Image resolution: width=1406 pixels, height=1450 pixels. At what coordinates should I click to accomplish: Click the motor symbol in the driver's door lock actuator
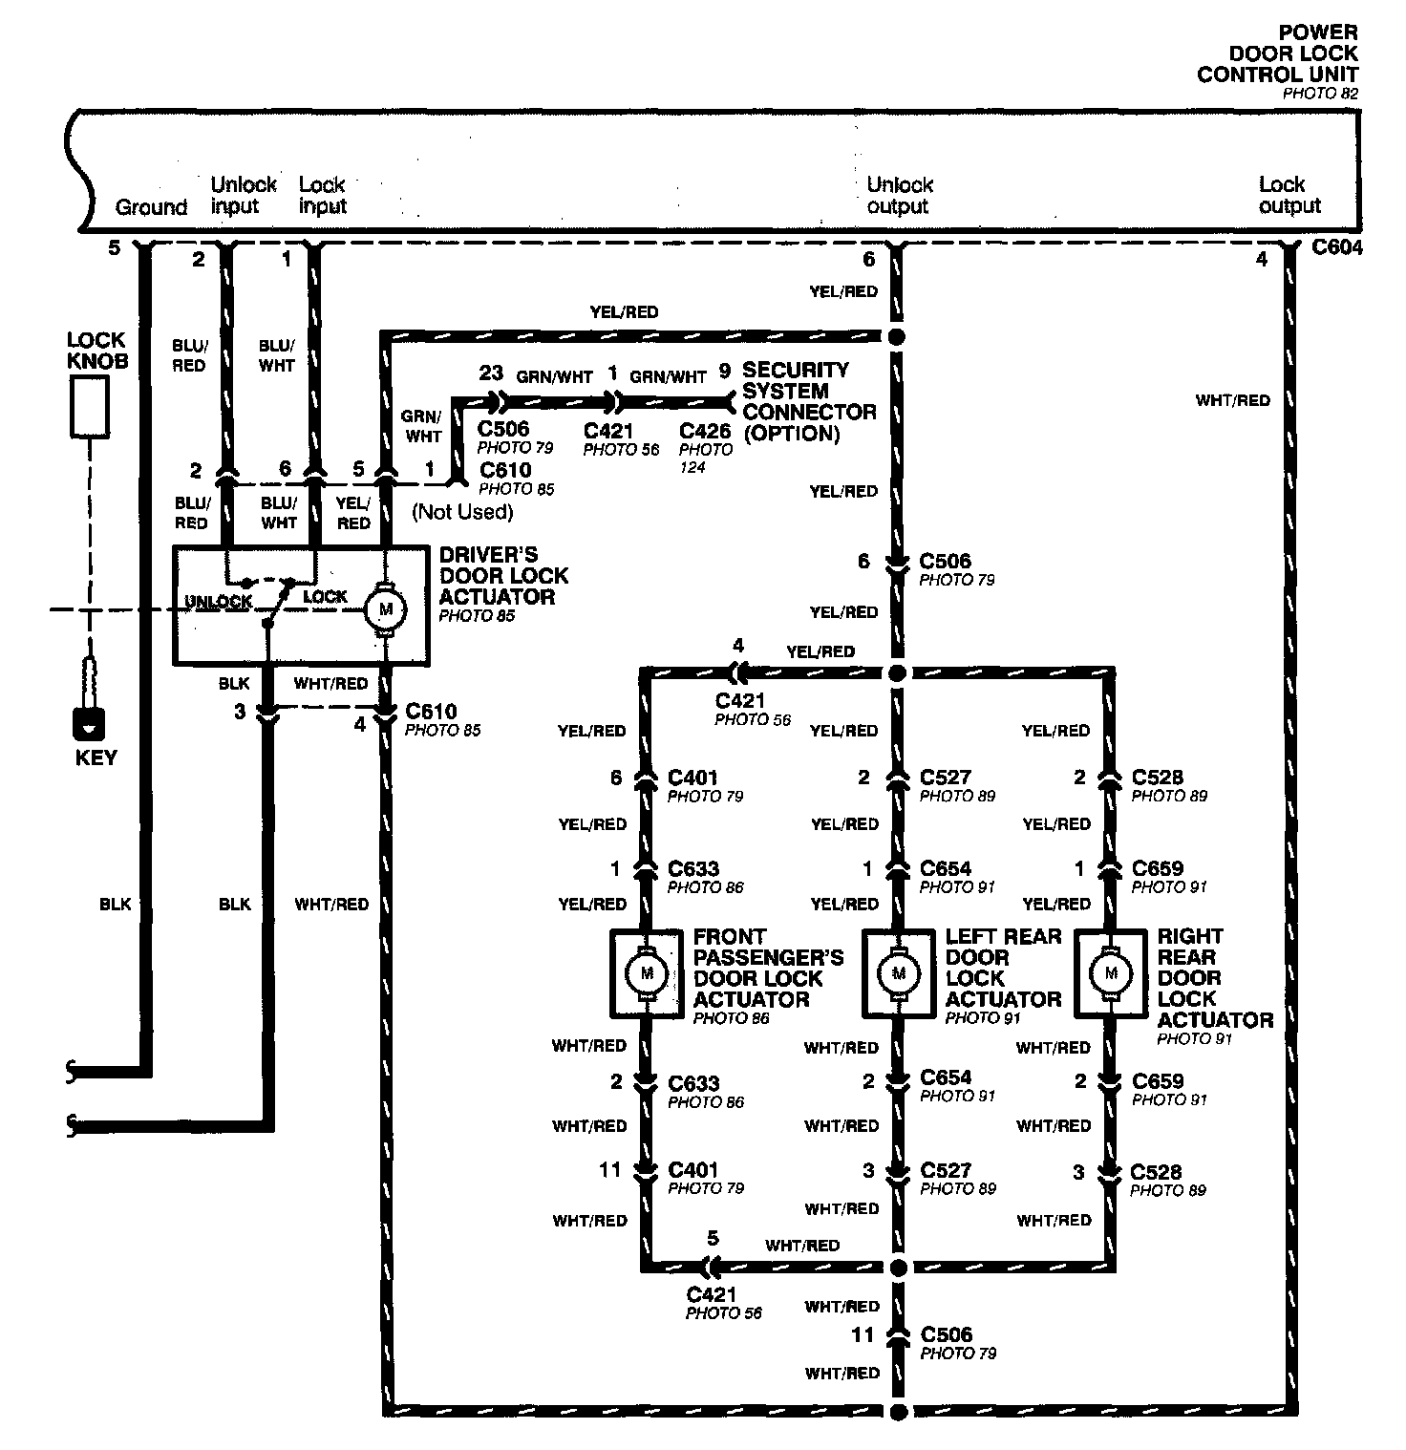387,608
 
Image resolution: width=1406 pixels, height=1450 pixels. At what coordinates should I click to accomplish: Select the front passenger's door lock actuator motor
646,973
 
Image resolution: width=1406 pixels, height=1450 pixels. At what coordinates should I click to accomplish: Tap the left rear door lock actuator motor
898,973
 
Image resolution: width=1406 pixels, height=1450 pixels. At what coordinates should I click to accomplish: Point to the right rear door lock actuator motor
1110,973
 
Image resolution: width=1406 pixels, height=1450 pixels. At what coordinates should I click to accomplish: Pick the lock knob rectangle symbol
89,406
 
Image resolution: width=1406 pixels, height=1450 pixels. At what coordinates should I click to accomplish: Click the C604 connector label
1337,248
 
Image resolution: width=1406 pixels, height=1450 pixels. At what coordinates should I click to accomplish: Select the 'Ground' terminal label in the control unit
151,207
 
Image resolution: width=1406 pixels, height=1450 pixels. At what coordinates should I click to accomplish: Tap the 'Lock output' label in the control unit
1289,195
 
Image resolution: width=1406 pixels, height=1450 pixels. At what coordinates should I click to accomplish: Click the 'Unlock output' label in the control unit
900,195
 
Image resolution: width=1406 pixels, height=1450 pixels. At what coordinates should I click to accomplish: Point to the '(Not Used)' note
462,512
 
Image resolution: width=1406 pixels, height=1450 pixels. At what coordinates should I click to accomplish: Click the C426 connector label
705,431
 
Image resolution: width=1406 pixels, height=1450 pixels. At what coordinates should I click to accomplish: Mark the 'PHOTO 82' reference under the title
1320,94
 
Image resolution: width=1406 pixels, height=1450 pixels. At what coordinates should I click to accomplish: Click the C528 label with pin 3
1156,1172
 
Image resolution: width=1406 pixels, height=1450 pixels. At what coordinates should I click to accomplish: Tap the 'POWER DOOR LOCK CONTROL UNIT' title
1278,53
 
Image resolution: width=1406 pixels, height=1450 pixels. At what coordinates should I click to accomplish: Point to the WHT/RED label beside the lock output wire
1233,400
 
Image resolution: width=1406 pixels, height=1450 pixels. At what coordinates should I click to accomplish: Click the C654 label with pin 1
946,869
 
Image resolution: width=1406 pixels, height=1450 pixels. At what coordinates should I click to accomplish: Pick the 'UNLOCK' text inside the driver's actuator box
219,601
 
